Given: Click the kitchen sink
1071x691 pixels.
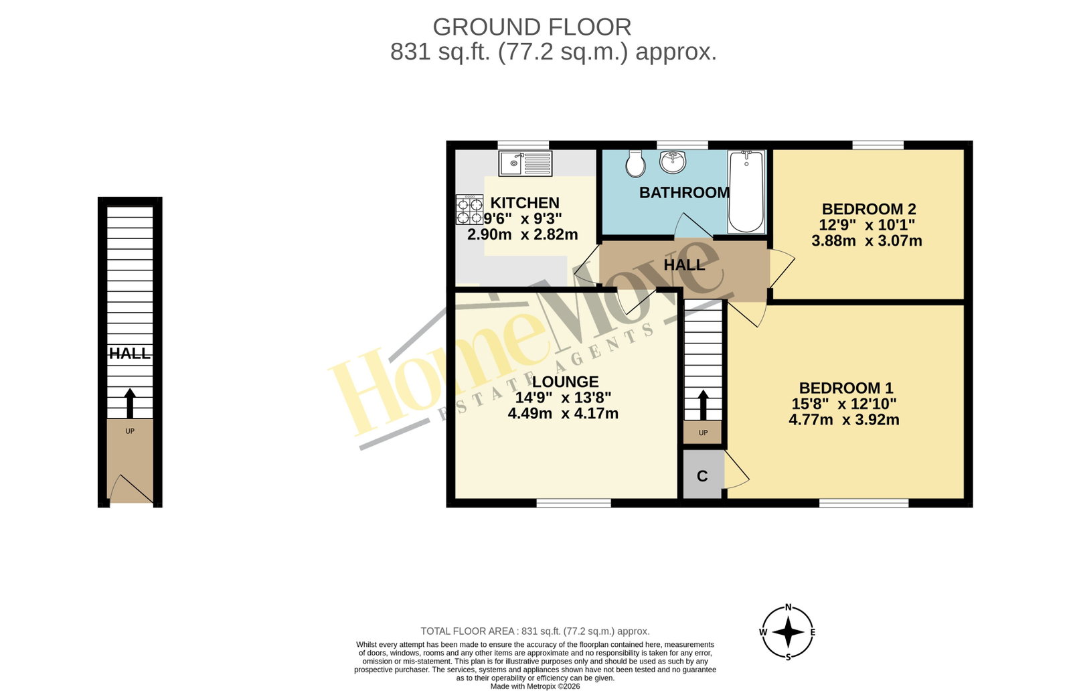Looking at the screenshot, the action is [x=525, y=163].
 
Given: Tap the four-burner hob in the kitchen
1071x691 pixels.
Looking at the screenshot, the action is [x=469, y=210].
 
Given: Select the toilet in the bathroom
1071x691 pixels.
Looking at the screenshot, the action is [x=635, y=163].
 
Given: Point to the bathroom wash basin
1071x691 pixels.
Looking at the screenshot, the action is [x=673, y=161].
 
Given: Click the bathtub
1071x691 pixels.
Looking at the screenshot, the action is [x=746, y=191].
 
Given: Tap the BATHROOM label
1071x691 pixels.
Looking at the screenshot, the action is [x=684, y=193].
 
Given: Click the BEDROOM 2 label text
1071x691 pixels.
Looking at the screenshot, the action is [x=869, y=209].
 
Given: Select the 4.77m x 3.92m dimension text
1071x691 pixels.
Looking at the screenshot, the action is [x=844, y=420].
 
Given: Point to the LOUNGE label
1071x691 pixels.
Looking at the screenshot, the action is [x=565, y=382].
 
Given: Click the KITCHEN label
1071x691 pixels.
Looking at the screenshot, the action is [x=525, y=203].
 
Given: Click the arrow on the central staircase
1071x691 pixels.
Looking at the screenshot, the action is [x=703, y=405].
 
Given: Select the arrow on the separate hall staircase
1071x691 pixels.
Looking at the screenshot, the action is [x=130, y=404].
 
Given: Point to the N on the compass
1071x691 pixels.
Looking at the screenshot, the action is [x=789, y=608].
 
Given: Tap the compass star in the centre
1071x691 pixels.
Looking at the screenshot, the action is [x=789, y=632].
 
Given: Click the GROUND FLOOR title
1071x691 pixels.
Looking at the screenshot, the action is [x=532, y=27].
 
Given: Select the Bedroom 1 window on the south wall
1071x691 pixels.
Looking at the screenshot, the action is [x=863, y=503].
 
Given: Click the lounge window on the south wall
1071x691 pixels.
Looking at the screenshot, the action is [x=574, y=503].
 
